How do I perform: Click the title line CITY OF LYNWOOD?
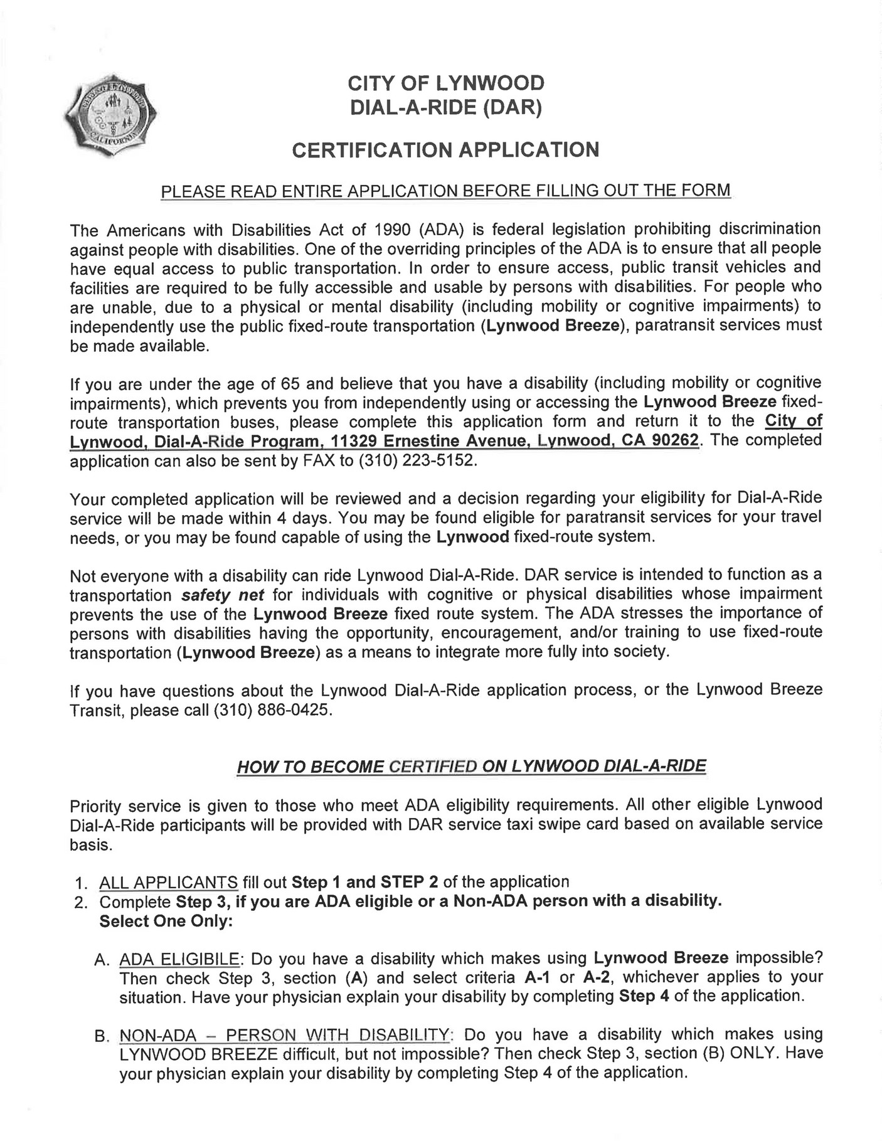coord(446,83)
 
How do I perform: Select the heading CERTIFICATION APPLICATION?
coord(446,150)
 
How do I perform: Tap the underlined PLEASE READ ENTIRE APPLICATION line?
coord(446,190)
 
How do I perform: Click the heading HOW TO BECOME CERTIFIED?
coord(471,767)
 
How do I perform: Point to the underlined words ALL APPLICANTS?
coord(169,882)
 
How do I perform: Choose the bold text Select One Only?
coord(166,921)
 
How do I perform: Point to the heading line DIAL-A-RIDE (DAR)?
coord(446,109)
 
